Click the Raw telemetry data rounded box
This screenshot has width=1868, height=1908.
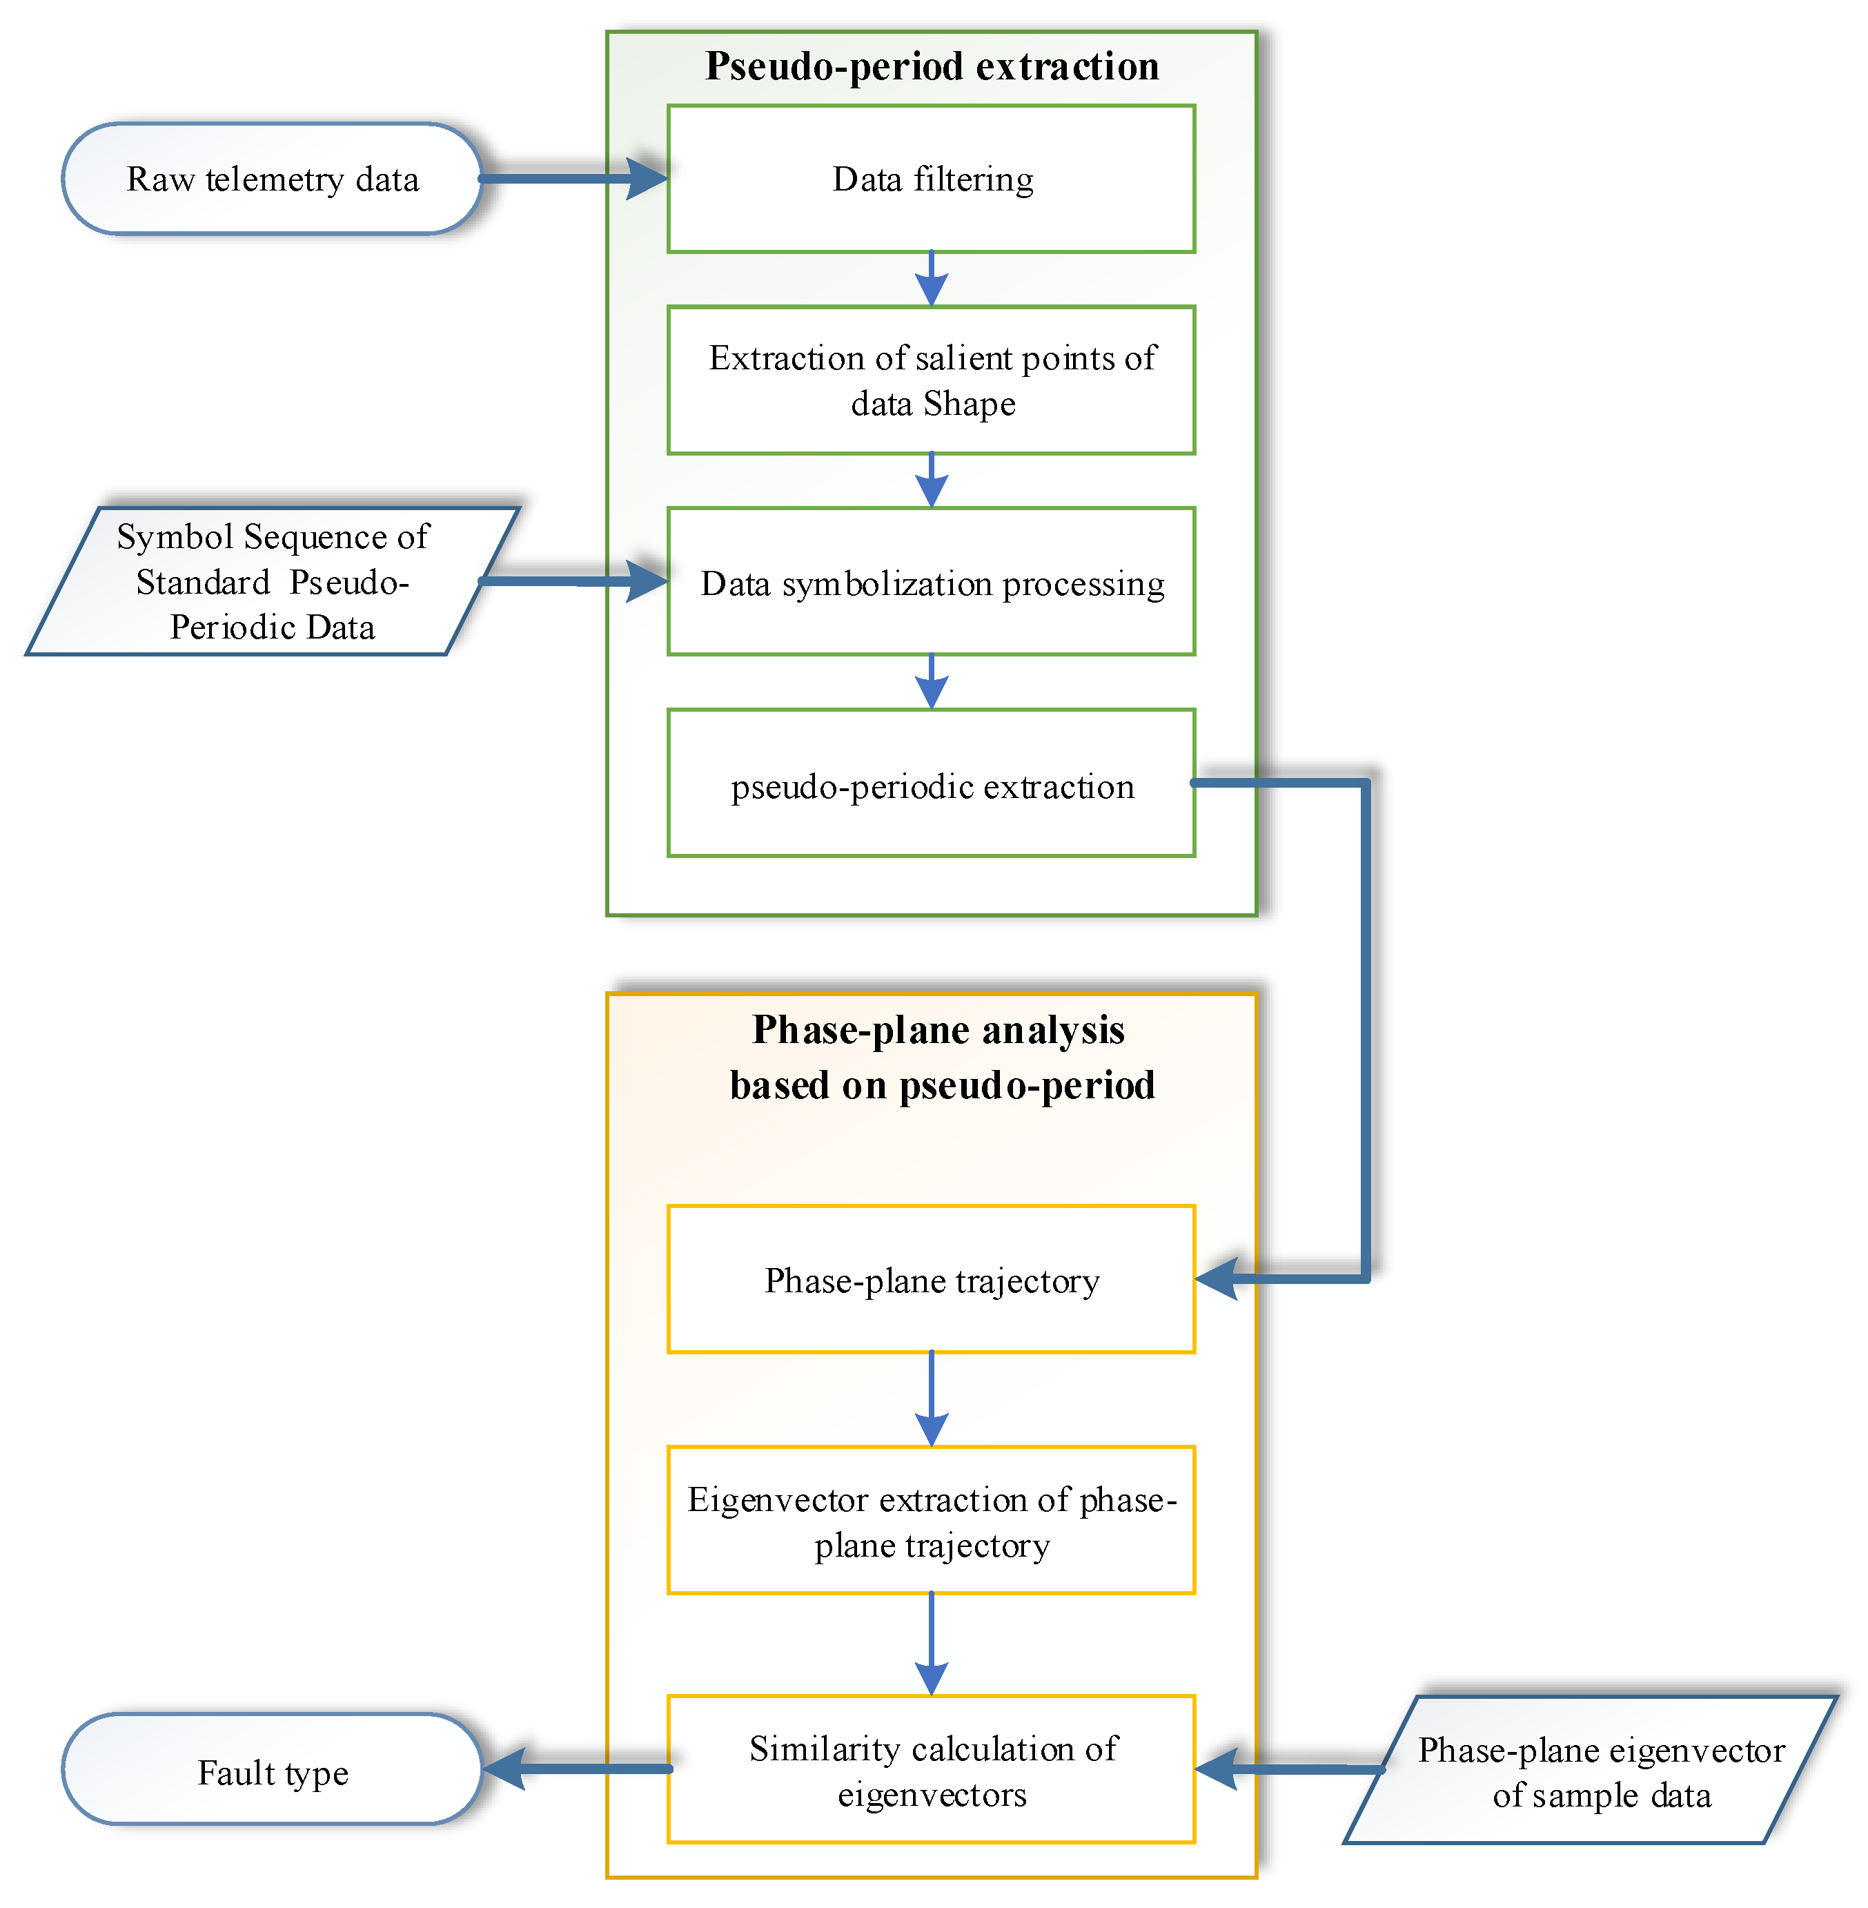[x=272, y=179]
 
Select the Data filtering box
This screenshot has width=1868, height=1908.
[x=931, y=179]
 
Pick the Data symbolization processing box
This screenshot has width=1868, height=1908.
[x=931, y=582]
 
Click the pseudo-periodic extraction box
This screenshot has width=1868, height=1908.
[x=931, y=784]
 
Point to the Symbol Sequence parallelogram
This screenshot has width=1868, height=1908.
[x=272, y=581]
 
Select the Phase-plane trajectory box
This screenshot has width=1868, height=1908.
[x=931, y=1280]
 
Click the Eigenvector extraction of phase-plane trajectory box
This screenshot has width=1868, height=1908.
[x=931, y=1520]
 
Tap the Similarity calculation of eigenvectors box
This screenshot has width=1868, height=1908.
[x=931, y=1770]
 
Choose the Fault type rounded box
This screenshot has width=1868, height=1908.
[x=272, y=1771]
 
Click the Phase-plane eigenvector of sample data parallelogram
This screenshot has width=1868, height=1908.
[x=1589, y=1771]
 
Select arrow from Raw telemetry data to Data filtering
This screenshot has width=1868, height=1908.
[x=574, y=179]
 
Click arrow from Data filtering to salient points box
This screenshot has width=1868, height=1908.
[x=931, y=279]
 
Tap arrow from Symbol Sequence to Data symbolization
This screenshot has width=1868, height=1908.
[x=574, y=581]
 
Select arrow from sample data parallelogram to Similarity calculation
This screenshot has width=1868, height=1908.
[x=1288, y=1769]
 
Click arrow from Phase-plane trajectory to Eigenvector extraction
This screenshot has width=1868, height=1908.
[x=931, y=1399]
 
